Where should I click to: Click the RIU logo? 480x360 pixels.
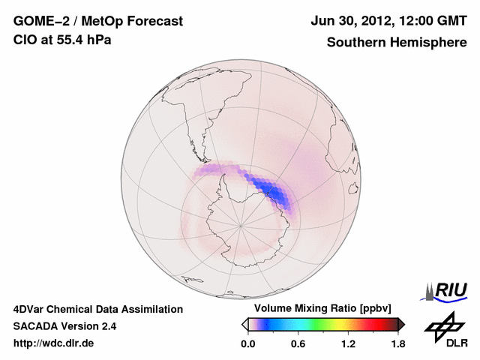[448, 290]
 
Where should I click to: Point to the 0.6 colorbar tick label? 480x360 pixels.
[298, 344]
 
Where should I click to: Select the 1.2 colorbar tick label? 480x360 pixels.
[347, 344]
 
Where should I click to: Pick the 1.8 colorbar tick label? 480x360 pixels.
[397, 344]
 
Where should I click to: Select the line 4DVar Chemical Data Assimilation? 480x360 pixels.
[97, 309]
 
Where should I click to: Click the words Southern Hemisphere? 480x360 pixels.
[397, 43]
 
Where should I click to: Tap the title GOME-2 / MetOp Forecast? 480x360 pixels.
[97, 21]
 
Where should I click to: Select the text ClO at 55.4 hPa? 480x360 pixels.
[62, 40]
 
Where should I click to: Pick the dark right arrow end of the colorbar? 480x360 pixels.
[401, 324]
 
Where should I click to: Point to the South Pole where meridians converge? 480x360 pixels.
[241, 224]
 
